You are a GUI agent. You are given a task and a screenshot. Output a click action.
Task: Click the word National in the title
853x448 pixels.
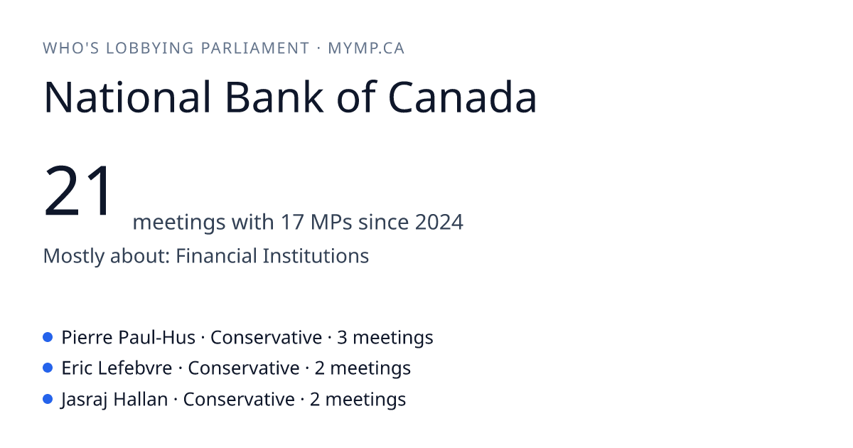[x=127, y=97]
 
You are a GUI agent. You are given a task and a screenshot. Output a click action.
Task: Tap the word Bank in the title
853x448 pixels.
[x=274, y=97]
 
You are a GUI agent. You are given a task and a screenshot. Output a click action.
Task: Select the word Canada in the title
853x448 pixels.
[x=462, y=97]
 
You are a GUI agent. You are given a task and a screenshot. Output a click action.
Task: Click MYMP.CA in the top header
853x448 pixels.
[x=366, y=48]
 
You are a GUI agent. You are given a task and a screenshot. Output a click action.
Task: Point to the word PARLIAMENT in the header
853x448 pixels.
[x=254, y=48]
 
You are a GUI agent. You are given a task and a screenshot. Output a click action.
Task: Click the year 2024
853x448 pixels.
[x=439, y=222]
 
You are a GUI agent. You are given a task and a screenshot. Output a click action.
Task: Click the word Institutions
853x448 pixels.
[x=316, y=255]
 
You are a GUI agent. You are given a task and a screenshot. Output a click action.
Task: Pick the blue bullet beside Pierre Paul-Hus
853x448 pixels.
[x=48, y=337]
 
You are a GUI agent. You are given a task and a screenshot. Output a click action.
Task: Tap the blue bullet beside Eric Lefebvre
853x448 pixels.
[x=48, y=368]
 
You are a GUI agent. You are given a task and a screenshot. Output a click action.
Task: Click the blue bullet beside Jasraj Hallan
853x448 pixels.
[x=48, y=399]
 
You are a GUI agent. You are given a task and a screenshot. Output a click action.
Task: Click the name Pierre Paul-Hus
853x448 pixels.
[x=129, y=338]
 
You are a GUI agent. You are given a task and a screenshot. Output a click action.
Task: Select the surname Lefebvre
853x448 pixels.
[x=135, y=368]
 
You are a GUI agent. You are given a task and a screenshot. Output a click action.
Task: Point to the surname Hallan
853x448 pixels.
[x=141, y=399]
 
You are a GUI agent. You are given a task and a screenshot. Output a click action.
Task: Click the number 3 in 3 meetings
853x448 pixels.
[x=342, y=338]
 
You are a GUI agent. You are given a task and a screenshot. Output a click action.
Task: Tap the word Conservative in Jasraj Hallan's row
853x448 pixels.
[x=239, y=399]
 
